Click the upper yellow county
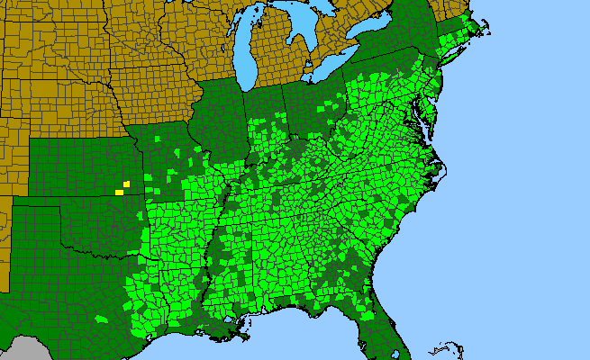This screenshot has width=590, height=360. coord(127,184)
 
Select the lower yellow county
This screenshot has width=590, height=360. coord(119,192)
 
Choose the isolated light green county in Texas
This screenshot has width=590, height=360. coord(100,319)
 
